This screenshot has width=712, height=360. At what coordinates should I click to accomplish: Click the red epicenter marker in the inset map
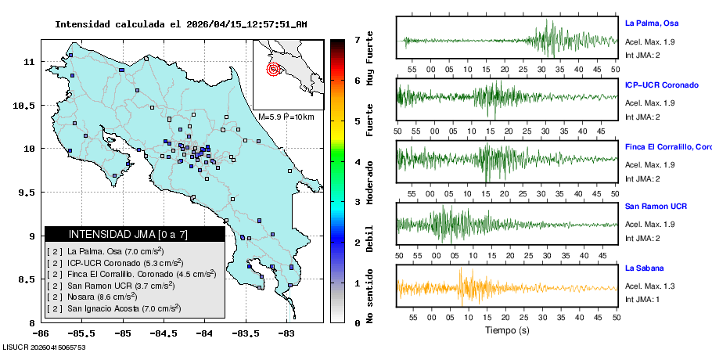[x=273, y=69]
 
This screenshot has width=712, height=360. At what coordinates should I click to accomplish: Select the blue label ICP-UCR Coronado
[x=661, y=85]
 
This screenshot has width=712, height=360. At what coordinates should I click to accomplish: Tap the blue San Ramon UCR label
[x=656, y=207]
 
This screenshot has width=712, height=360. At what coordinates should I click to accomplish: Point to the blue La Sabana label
[x=642, y=268]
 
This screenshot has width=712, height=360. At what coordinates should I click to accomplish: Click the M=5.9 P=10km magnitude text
[x=286, y=117]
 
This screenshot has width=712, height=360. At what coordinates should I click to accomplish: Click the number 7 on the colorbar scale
[x=356, y=39]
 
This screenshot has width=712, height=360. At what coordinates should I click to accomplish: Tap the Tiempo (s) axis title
[x=507, y=331]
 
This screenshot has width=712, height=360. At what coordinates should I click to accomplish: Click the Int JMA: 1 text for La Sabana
[x=642, y=300]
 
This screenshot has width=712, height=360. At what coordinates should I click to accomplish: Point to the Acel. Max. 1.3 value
[x=649, y=286]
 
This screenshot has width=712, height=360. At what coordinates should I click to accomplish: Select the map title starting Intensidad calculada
[x=181, y=24]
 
